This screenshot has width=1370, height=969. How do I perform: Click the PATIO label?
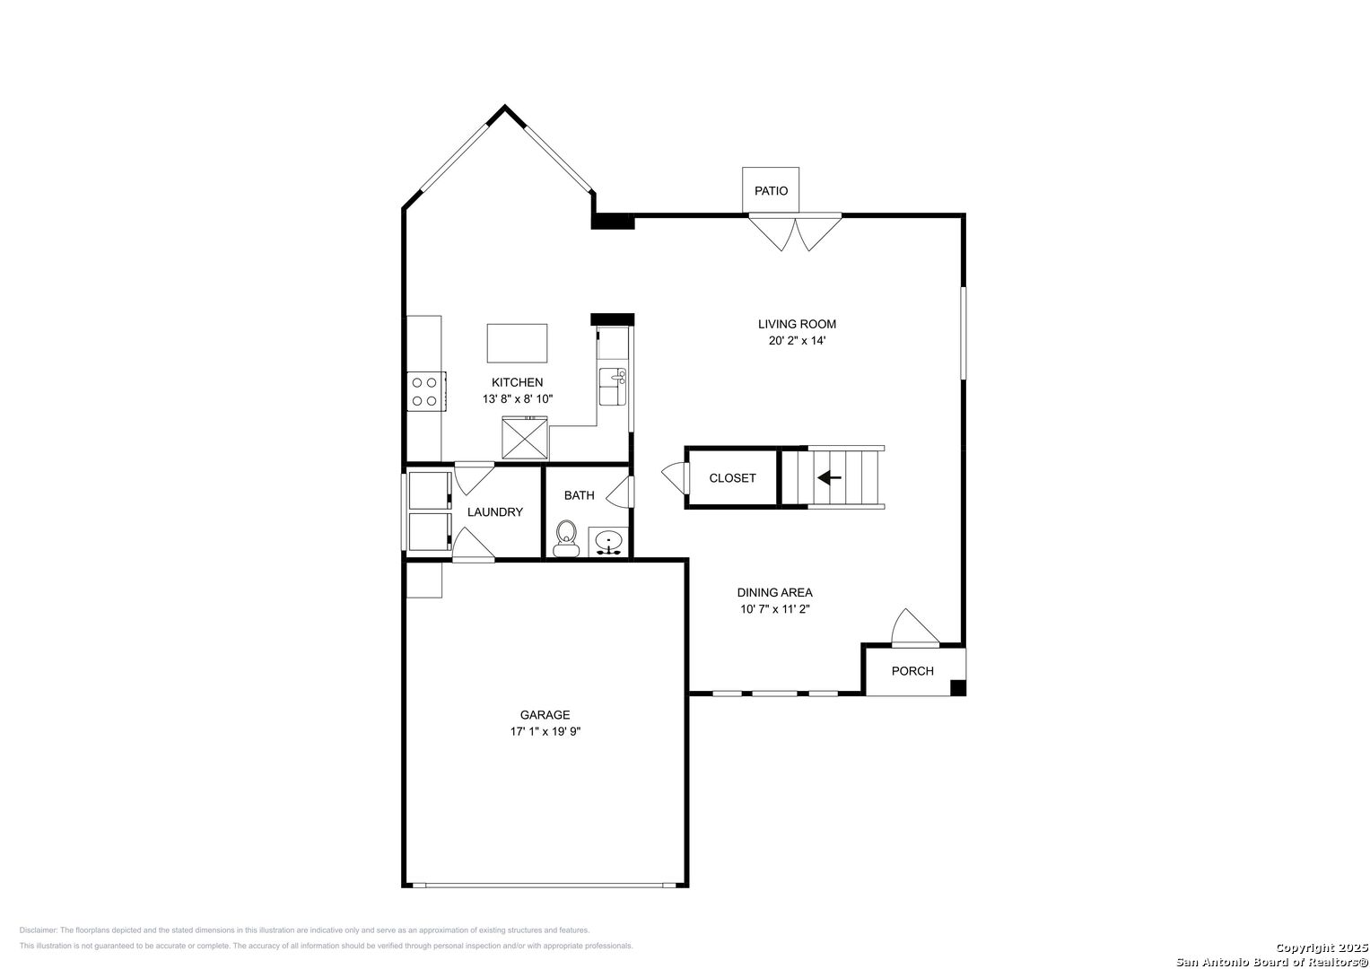click(x=771, y=191)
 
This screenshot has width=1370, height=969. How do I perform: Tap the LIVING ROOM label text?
click(x=797, y=324)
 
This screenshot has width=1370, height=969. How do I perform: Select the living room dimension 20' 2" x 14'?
click(x=797, y=341)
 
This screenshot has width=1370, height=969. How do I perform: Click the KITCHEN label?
click(x=517, y=382)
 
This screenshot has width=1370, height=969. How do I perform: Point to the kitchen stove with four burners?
click(x=426, y=391)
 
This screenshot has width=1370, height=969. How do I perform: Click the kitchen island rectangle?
click(x=517, y=343)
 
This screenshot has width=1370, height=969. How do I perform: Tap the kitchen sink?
click(x=612, y=387)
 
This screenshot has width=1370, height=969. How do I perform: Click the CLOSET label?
click(x=732, y=478)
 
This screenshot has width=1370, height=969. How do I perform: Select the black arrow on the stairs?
click(x=829, y=477)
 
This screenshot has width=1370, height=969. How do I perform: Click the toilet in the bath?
click(x=566, y=539)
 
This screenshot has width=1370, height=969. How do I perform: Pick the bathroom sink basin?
click(x=608, y=541)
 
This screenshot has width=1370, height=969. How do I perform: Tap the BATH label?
click(x=580, y=495)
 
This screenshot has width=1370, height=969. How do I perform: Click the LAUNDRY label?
click(x=494, y=512)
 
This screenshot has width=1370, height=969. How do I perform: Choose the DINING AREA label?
click(x=774, y=593)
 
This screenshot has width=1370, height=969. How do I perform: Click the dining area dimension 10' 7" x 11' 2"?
click(x=775, y=609)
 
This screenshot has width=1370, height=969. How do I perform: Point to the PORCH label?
click(x=912, y=671)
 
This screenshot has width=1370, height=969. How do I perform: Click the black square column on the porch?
click(x=958, y=687)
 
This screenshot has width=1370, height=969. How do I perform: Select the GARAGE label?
click(x=545, y=714)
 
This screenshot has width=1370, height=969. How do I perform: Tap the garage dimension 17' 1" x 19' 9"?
click(x=545, y=731)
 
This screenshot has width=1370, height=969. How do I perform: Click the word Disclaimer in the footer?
click(x=38, y=930)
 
